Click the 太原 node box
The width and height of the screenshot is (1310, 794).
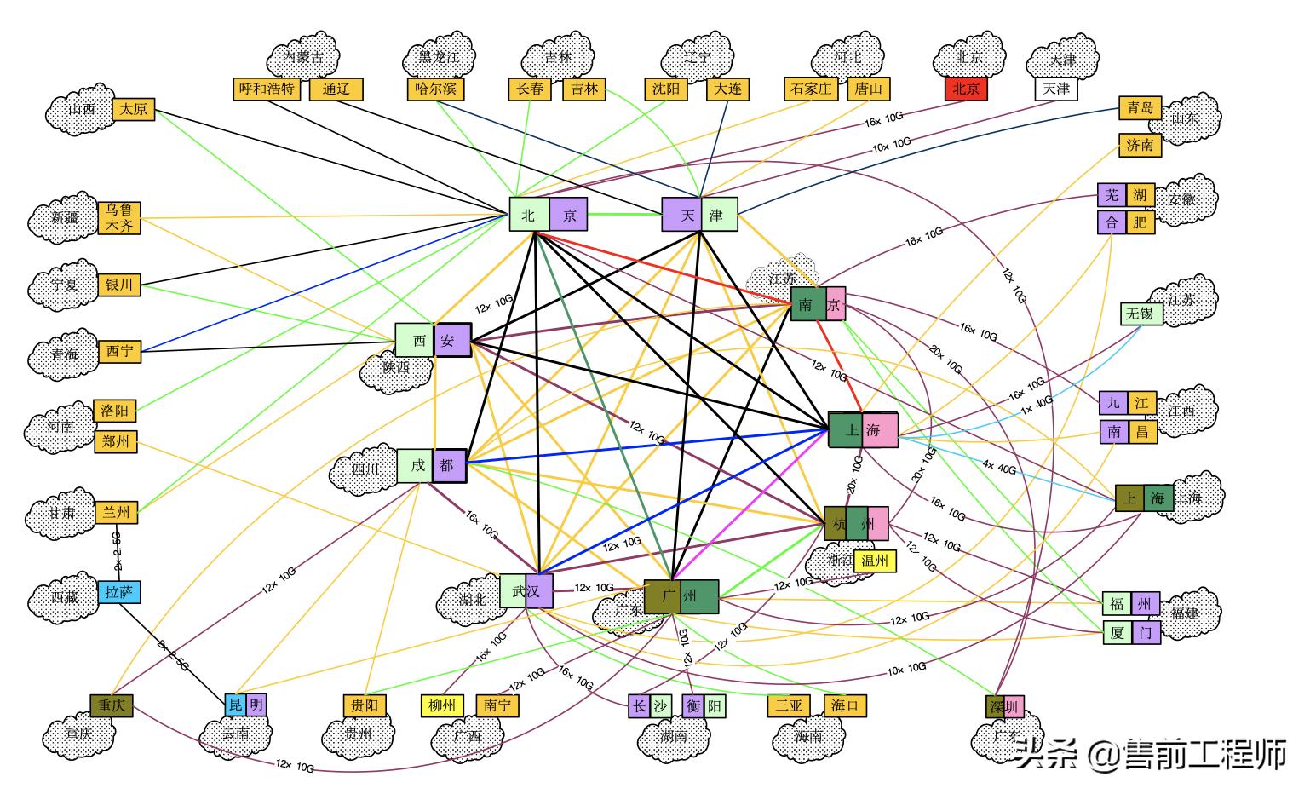click(x=133, y=109)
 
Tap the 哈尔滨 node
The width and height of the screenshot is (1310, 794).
click(x=435, y=89)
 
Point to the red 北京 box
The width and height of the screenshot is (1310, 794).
click(x=966, y=89)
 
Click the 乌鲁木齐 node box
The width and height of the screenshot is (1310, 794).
click(x=119, y=218)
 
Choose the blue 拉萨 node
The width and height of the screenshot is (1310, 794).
click(x=119, y=592)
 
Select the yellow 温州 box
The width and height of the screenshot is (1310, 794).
click(x=874, y=561)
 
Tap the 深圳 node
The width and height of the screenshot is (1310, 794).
click(x=1004, y=707)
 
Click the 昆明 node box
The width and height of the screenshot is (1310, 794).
click(x=245, y=705)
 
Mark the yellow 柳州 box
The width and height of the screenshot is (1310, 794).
click(x=442, y=705)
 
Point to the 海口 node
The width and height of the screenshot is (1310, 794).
click(x=845, y=705)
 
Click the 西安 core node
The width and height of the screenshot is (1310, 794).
click(x=433, y=341)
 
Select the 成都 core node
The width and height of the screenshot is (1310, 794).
click(x=431, y=466)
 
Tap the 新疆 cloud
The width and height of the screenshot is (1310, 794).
click(x=65, y=218)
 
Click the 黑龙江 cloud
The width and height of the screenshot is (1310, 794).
click(x=438, y=56)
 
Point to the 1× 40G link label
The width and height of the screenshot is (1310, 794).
click(x=1037, y=404)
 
